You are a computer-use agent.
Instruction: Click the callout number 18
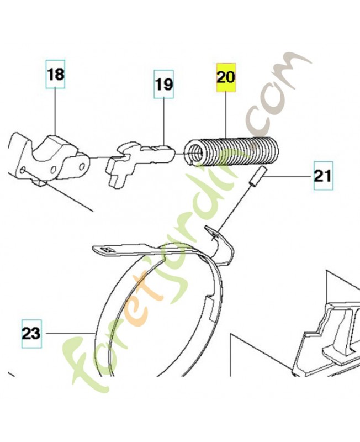(56, 75)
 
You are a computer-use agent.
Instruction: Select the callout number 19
(163, 85)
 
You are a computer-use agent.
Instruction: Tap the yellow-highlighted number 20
(226, 77)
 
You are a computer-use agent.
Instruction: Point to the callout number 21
(323, 176)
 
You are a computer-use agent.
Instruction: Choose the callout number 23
(32, 334)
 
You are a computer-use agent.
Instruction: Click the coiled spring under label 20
(231, 151)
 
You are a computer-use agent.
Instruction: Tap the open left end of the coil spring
(195, 154)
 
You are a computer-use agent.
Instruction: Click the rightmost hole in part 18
(82, 167)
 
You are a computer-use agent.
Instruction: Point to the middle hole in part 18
(53, 170)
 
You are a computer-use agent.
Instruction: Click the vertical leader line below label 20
(226, 114)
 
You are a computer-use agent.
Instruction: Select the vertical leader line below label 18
(55, 112)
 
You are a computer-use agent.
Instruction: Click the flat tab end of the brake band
(105, 250)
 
